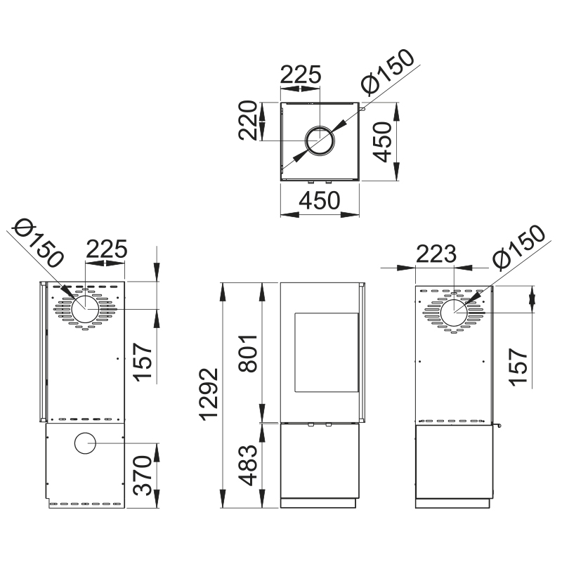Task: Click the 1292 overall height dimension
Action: point(208,394)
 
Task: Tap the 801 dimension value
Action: point(247,353)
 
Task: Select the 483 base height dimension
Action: point(247,465)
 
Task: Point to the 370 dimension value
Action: point(143,476)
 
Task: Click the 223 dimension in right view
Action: point(436,254)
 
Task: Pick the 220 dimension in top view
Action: point(248,120)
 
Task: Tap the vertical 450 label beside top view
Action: point(381,142)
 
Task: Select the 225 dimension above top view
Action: point(301,74)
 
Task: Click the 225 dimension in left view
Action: point(107,249)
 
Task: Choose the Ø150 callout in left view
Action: point(39,243)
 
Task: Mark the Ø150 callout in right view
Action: point(518,248)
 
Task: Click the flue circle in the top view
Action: point(320,140)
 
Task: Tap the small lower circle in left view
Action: point(85,443)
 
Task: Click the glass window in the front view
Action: point(327,353)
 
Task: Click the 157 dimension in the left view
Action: point(143,362)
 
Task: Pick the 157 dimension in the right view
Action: point(518,367)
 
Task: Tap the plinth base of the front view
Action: point(318,503)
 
